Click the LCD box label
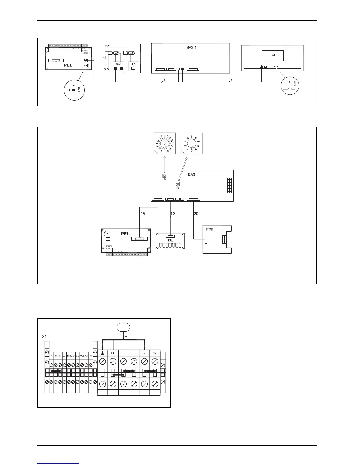tap(273, 55)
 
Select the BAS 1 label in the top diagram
tap(191, 47)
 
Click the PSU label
tap(107, 46)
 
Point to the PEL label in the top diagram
tap(68, 65)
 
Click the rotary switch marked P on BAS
tap(164, 176)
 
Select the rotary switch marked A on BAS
tap(178, 184)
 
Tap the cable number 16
tap(143, 214)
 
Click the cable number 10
tap(173, 214)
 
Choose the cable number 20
tap(196, 214)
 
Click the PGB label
tap(209, 229)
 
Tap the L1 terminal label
tap(113, 353)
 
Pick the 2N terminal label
tap(155, 353)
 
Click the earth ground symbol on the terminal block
tap(102, 353)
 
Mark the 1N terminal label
tap(144, 353)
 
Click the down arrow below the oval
tap(126, 335)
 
